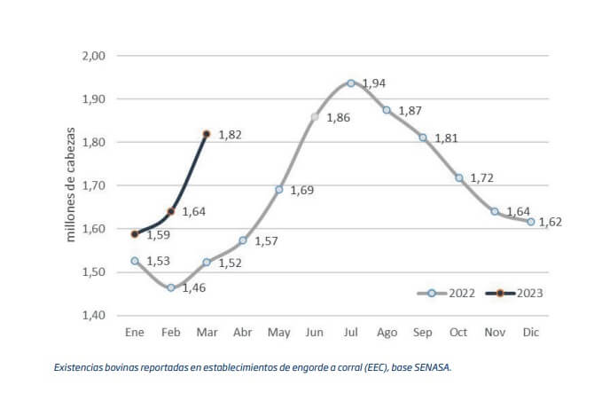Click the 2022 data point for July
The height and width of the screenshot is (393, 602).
coord(351,83)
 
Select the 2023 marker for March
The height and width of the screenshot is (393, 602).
coord(207,134)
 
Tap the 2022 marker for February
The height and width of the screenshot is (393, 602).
coord(170,287)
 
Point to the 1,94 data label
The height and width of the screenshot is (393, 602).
coord(374,83)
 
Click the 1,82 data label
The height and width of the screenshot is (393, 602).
coord(230,136)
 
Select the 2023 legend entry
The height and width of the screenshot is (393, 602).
coord(515,292)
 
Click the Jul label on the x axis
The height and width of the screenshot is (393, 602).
coord(350,332)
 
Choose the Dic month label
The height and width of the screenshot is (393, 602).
coord(530,332)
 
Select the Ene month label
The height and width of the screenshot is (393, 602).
coord(135,332)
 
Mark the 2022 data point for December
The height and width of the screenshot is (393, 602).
coord(531,222)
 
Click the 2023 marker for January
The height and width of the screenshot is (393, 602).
coord(135,234)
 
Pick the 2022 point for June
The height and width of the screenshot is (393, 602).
coord(315,117)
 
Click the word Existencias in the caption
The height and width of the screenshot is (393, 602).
coord(79,366)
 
